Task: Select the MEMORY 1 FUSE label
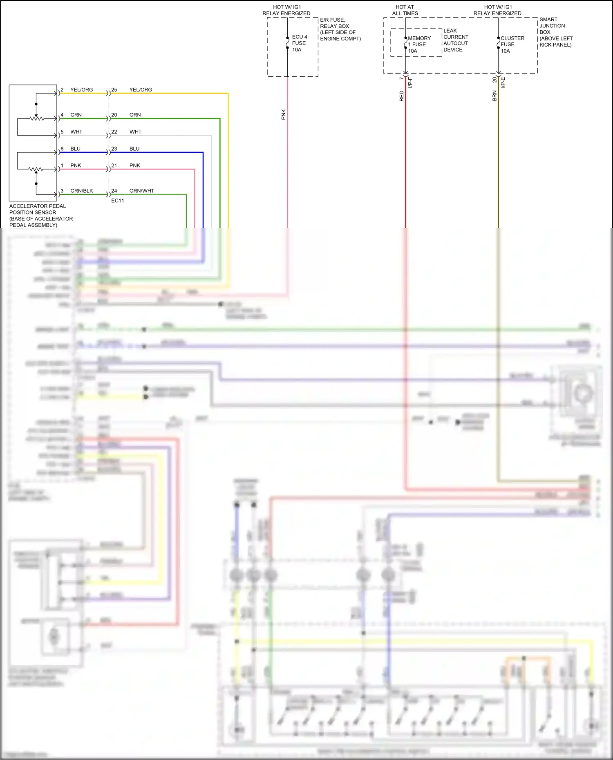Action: coord(419,41)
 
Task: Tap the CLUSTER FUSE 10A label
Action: coord(512,45)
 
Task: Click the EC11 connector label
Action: coord(118,201)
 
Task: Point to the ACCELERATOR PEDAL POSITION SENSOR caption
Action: coord(41,216)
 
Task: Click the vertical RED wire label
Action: coord(401,96)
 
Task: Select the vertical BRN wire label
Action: coord(494,96)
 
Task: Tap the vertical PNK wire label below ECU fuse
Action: coord(283,114)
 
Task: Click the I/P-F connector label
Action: coord(410,82)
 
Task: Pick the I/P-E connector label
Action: coord(503,82)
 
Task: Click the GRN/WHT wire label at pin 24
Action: coord(141,191)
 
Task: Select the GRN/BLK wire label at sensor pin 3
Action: coord(82,191)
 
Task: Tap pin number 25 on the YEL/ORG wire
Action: coord(114,90)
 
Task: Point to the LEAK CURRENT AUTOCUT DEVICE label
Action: coord(455,40)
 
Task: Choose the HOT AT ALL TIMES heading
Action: coord(405,10)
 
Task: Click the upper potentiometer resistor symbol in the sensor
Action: coord(36,119)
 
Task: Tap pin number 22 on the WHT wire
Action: coord(114,132)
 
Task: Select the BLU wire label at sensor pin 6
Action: coord(75,149)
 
